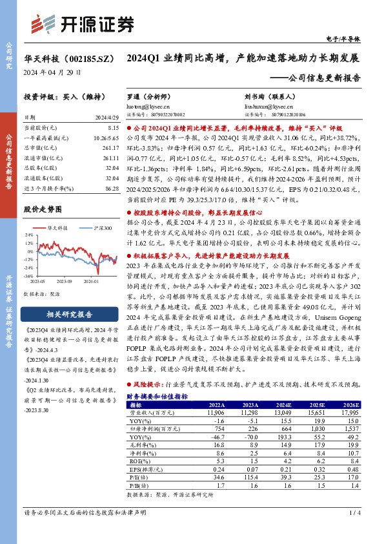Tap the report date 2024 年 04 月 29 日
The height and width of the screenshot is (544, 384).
(52, 72)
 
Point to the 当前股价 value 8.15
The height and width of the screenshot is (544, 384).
(110, 129)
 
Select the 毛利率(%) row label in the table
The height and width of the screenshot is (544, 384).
(140, 444)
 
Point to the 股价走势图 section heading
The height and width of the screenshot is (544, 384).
(43, 210)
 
